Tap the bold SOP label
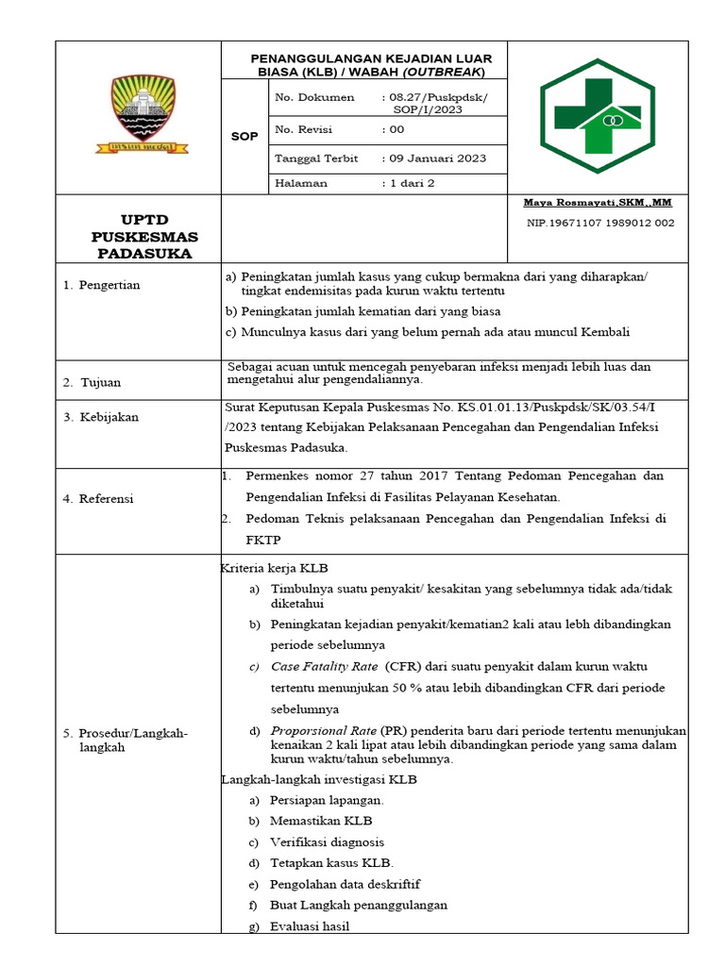[x=244, y=137]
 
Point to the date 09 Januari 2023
[x=438, y=158]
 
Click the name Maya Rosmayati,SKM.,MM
[x=599, y=203]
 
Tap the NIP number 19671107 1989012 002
[x=600, y=223]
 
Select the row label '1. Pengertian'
[x=102, y=285]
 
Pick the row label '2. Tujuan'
[x=93, y=382]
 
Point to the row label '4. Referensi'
[x=99, y=498]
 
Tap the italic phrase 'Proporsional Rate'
[x=324, y=731]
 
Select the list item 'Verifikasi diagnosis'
[x=327, y=841]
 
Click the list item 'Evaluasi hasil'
[x=310, y=926]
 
